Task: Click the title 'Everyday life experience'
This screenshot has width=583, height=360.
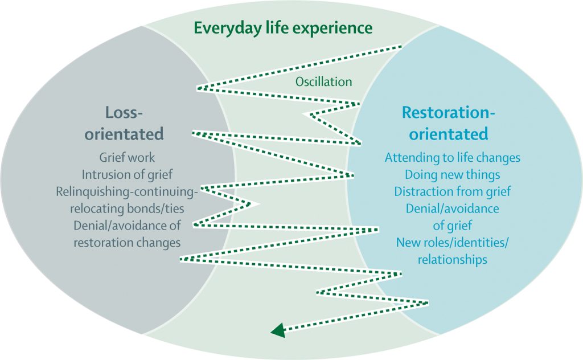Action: point(283,27)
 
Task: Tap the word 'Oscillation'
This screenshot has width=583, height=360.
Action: point(323,82)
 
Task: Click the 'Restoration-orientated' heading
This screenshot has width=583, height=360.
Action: point(449,123)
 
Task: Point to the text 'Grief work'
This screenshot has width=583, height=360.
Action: point(126,157)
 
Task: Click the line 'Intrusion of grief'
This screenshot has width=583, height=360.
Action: point(126,174)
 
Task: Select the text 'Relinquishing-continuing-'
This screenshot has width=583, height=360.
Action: point(126,191)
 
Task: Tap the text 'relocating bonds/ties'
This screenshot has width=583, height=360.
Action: point(126,208)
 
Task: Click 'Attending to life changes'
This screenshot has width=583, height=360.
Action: point(453,157)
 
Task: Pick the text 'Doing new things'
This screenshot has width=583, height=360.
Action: point(453,174)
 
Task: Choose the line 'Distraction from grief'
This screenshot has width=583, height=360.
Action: point(453,191)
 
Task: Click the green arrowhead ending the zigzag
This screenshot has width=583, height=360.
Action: point(277,330)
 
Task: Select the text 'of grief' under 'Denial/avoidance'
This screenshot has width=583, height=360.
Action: point(453,226)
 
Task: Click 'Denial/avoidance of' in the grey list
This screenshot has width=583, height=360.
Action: point(126,225)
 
